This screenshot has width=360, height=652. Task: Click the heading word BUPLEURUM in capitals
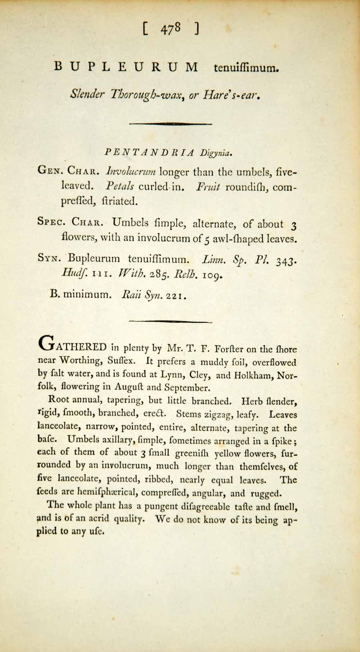[x=126, y=67]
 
